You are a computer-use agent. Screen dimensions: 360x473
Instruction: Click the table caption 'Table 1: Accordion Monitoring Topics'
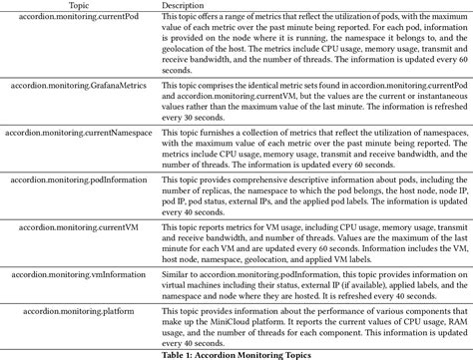[236, 354]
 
